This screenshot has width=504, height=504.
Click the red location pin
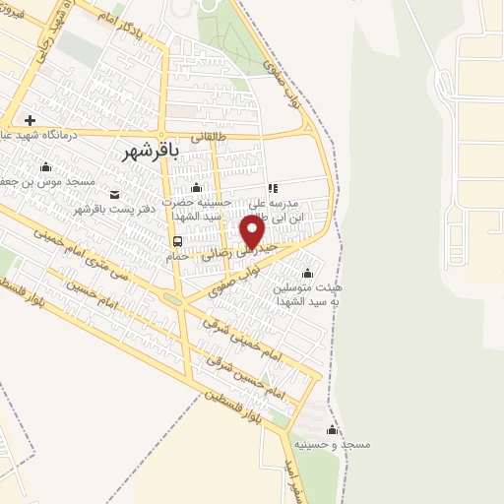click(253, 232)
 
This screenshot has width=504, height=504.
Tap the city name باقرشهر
click(154, 151)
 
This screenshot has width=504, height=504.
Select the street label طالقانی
click(209, 138)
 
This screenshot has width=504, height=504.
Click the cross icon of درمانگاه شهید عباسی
click(31, 120)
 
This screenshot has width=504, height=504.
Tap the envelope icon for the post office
click(114, 193)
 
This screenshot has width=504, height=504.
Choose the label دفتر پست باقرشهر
click(115, 211)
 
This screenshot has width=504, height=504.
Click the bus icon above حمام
click(177, 240)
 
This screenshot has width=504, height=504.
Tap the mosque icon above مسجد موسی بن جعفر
click(45, 166)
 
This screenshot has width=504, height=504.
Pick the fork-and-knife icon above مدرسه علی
click(273, 187)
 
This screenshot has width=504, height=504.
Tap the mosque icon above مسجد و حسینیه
click(332, 430)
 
